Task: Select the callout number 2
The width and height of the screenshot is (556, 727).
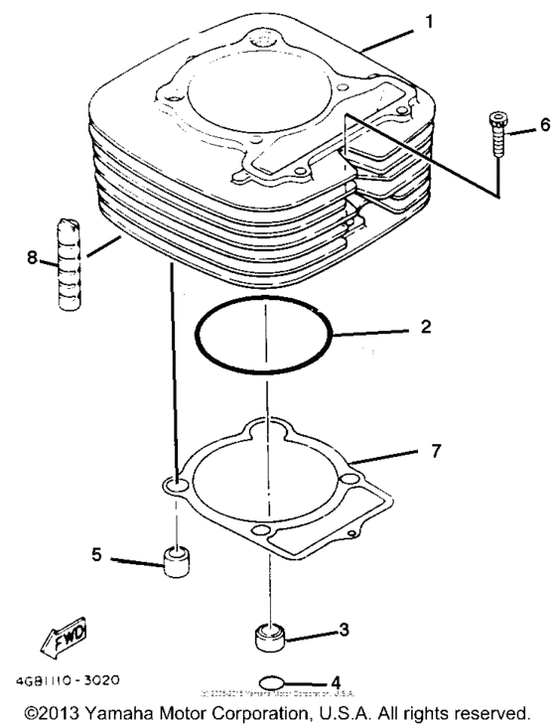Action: tap(425, 326)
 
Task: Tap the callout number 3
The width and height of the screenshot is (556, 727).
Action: tap(344, 629)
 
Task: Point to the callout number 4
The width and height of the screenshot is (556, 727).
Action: tap(336, 682)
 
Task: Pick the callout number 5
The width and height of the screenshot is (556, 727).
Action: tap(96, 556)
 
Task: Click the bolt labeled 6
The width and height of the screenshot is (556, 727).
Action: tap(496, 131)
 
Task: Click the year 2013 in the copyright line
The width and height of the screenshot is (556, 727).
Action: tap(59, 713)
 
